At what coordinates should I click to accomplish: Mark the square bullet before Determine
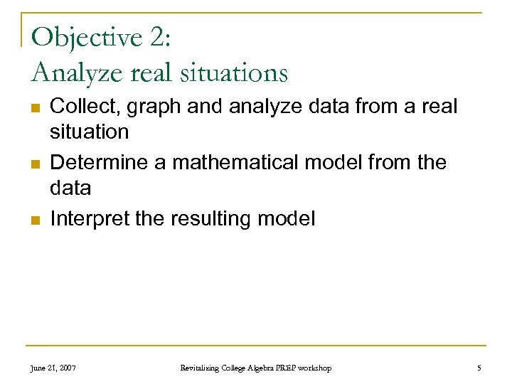[x=34, y=164]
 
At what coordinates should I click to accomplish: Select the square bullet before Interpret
[x=34, y=220]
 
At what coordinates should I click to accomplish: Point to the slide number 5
[x=479, y=368]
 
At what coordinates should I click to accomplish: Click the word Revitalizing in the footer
[x=202, y=368]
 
